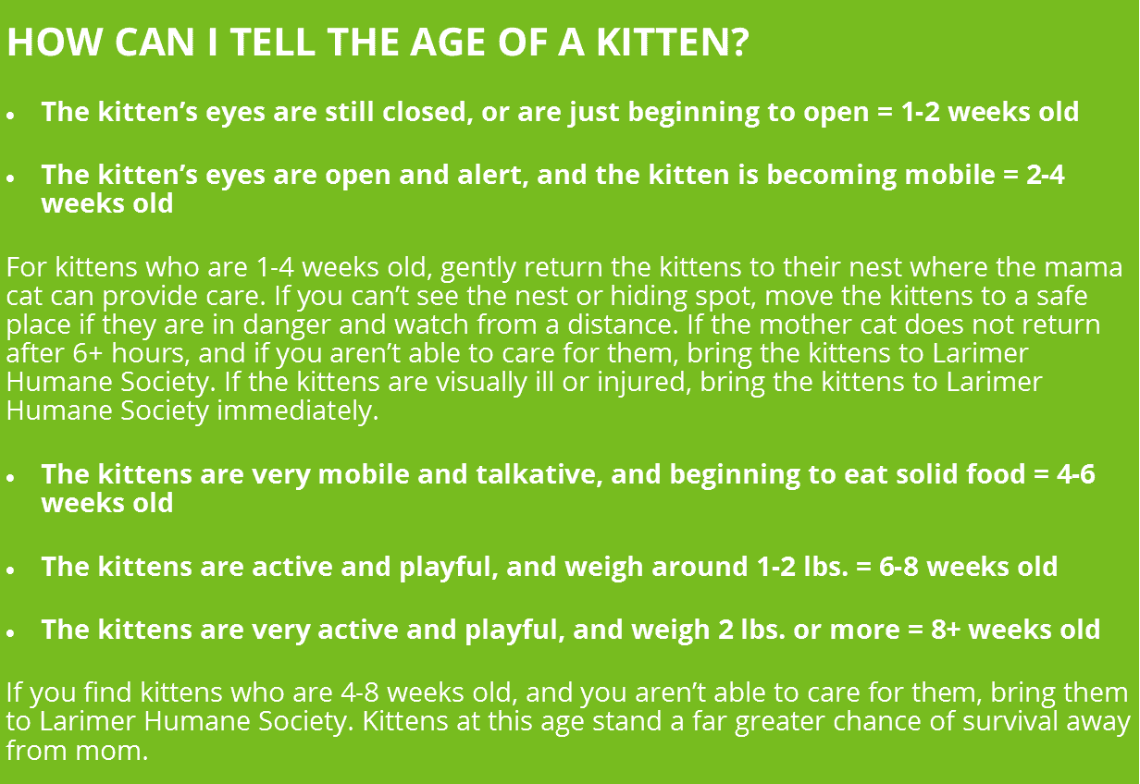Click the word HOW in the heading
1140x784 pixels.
tap(55, 42)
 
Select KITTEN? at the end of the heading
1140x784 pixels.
tap(673, 42)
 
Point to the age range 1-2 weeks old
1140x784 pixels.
tap(989, 112)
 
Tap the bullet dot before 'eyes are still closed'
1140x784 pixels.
tap(11, 116)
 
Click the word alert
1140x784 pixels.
tap(492, 175)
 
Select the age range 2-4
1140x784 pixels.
tap(1046, 175)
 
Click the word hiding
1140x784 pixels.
tap(649, 297)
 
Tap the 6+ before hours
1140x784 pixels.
tap(88, 353)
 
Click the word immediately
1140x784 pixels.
tap(298, 411)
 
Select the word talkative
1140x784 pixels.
tap(539, 474)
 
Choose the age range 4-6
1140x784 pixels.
tap(1076, 474)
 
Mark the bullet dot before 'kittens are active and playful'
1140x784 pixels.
tap(11, 570)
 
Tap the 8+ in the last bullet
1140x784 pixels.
tap(946, 630)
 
